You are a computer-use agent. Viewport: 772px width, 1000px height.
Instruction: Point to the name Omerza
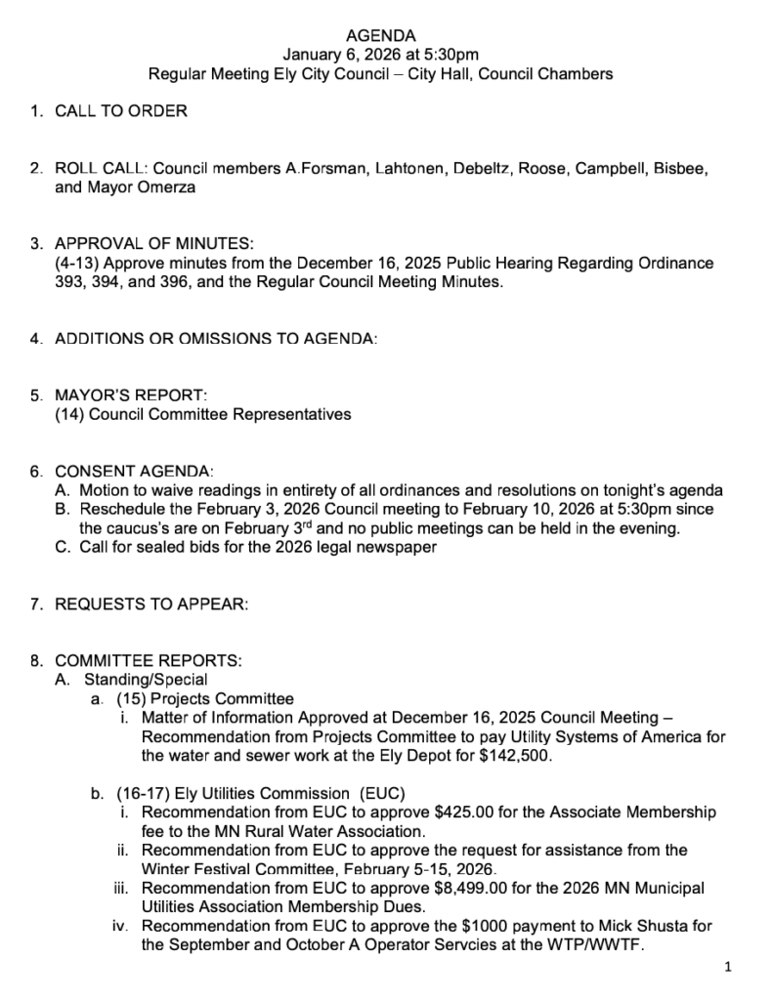point(162,187)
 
